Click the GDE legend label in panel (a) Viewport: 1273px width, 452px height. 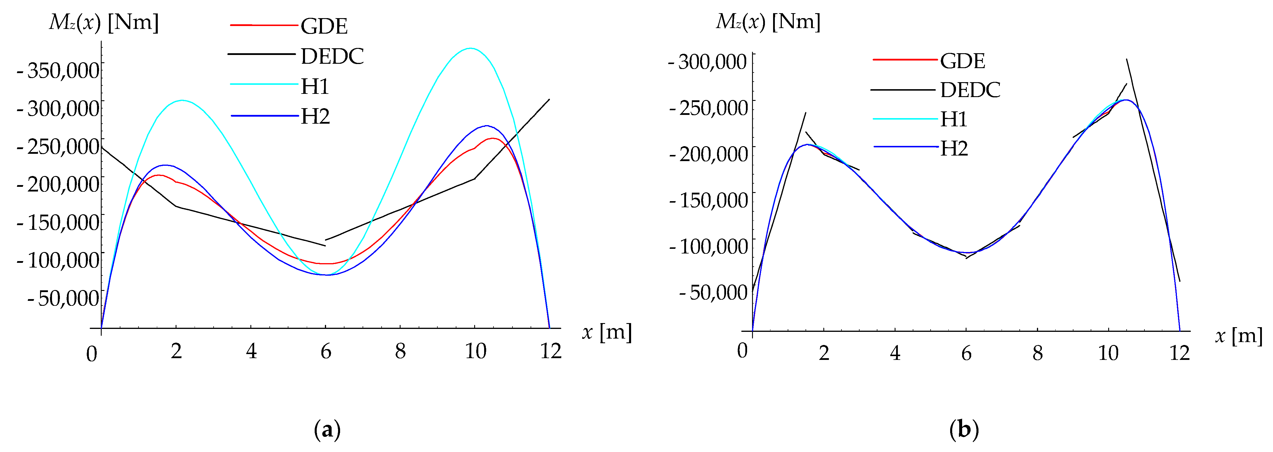pos(324,26)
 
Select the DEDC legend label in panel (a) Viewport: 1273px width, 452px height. pos(332,56)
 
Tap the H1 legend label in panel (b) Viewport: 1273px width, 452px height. pos(953,119)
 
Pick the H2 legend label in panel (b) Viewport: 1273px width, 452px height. pos(954,148)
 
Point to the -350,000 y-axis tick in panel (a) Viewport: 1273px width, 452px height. pos(58,70)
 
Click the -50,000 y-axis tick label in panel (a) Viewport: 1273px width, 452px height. pos(63,298)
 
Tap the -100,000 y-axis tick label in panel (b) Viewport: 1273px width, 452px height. pos(709,246)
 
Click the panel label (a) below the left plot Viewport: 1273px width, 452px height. pos(327,430)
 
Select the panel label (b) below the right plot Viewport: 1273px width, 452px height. pos(964,429)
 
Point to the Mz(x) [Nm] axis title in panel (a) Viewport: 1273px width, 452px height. pos(104,22)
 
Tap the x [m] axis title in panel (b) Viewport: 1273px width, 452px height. pos(1239,336)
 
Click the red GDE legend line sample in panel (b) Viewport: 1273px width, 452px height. pos(905,60)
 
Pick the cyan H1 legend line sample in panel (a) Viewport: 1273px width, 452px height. pos(264,84)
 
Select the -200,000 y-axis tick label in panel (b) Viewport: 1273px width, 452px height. pos(709,154)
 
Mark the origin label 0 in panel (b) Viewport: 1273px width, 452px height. pos(742,351)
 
